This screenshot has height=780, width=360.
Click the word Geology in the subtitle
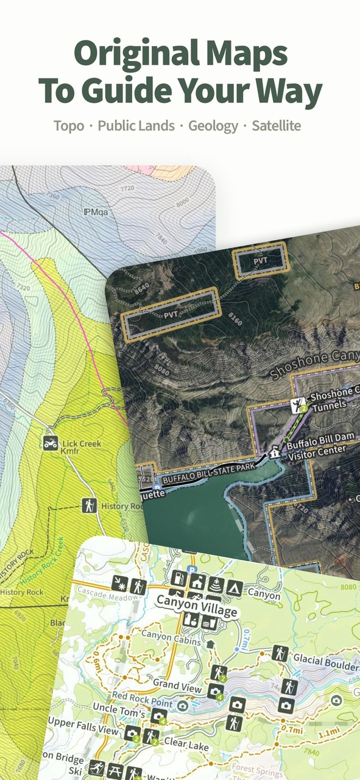click(x=213, y=126)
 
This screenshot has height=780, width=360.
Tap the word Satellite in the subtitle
click(x=277, y=126)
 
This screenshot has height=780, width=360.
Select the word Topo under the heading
click(x=69, y=126)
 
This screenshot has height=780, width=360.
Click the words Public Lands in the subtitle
click(x=136, y=126)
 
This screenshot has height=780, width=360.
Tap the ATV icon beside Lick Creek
click(x=51, y=443)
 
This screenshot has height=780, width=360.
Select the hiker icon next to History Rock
click(x=90, y=505)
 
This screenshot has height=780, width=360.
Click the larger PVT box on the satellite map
click(x=170, y=314)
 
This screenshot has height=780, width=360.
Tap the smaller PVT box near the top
click(x=261, y=260)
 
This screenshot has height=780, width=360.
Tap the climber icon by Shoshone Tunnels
click(x=298, y=405)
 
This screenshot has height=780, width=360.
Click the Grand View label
click(x=177, y=686)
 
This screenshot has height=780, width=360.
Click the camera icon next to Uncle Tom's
click(x=159, y=716)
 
